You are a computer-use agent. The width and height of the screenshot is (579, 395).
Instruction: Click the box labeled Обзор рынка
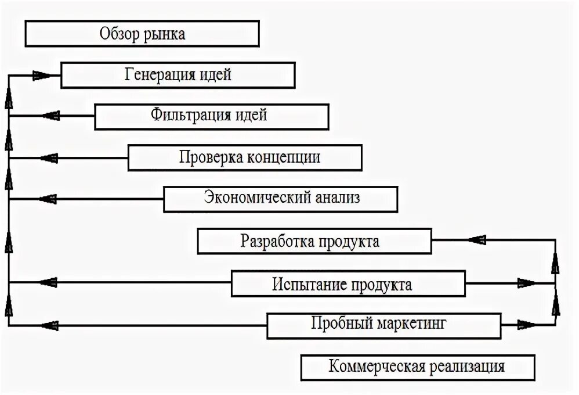142,34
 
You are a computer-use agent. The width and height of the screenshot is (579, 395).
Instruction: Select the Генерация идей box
178,75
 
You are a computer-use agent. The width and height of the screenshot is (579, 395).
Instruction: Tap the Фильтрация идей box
211,116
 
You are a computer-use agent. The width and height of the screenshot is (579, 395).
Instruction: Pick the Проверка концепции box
245,157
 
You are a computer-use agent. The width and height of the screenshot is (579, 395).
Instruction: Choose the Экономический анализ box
281,198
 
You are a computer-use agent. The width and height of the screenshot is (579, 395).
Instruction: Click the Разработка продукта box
314,241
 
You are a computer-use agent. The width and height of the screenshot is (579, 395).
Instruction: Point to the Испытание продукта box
348,283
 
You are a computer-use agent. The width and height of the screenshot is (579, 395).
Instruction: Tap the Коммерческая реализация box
417,367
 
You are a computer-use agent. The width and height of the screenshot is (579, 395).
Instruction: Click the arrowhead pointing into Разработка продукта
477,239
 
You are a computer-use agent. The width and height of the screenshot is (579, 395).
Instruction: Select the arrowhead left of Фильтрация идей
49,116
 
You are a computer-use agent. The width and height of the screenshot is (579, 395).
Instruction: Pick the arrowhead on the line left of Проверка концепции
49,157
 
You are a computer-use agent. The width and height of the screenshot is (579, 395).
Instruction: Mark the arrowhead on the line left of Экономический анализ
49,199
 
